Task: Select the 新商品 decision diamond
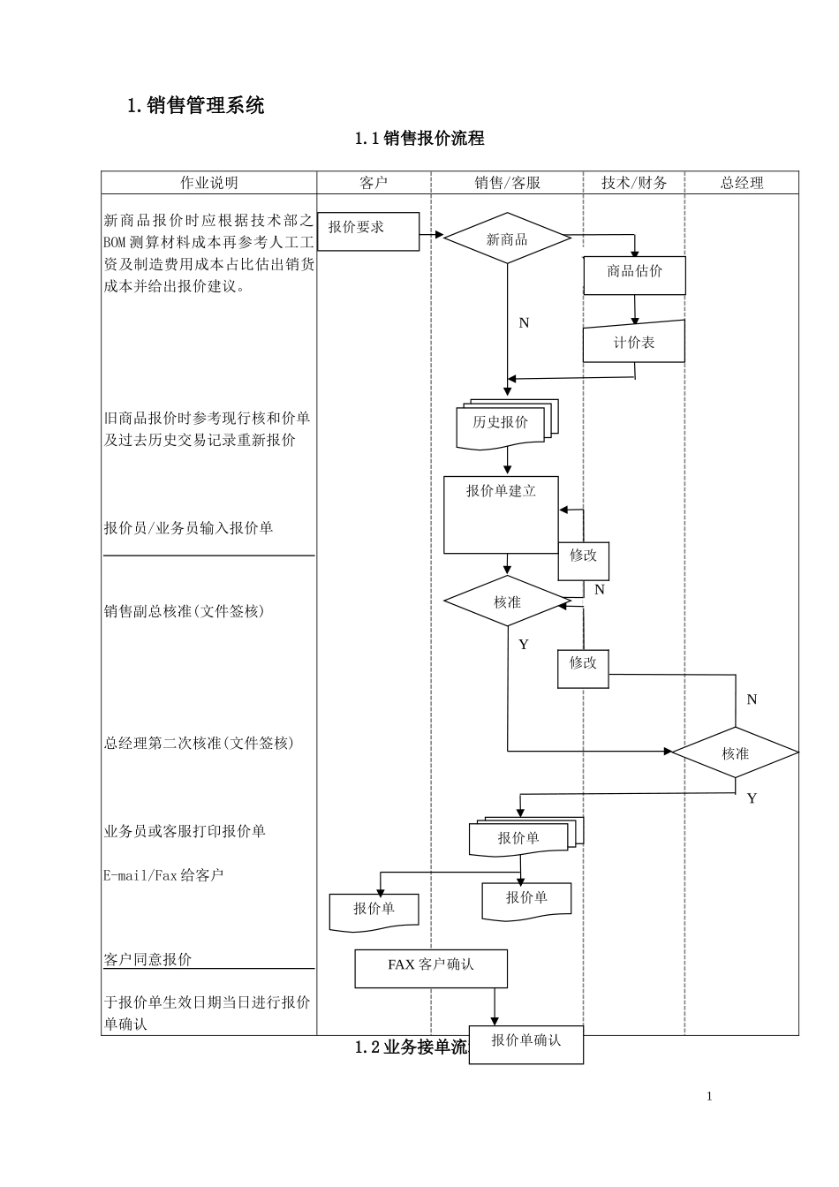[507, 238]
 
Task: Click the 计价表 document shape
[633, 343]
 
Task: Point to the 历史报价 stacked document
[502, 424]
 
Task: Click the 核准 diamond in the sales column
[507, 601]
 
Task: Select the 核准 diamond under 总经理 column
[735, 752]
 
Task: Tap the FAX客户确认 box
[431, 968]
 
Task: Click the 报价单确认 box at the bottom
[525, 1043]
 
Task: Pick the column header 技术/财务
[634, 183]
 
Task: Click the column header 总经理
[742, 183]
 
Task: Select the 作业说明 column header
[209, 183]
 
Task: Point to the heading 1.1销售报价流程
[419, 138]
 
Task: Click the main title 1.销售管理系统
[196, 106]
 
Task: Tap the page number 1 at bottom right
[709, 1096]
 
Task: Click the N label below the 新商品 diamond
[524, 323]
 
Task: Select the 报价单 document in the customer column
[374, 910]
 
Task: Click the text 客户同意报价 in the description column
[148, 959]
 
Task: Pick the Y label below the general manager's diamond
[752, 798]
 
